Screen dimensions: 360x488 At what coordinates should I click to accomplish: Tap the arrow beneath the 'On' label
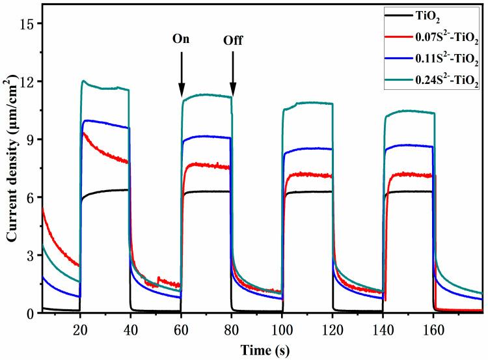(182, 72)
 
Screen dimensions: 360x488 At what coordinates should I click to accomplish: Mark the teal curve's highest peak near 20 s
(84, 81)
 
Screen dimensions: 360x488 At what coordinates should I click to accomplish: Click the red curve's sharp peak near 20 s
(83, 133)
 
